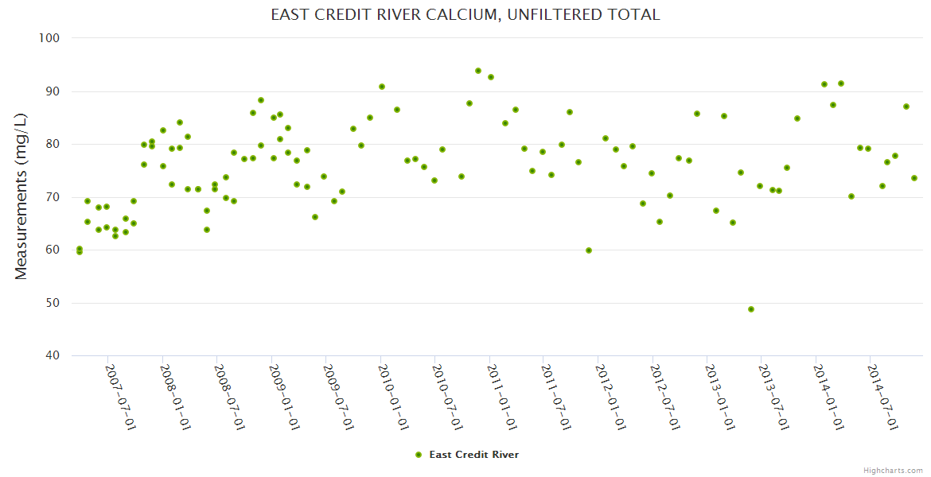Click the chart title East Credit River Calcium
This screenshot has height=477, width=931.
pyautogui.click(x=465, y=15)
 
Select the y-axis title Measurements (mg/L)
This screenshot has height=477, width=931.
pyautogui.click(x=21, y=196)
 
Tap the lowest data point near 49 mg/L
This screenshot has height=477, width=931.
pyautogui.click(x=751, y=309)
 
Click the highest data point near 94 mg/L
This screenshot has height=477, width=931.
pyautogui.click(x=478, y=71)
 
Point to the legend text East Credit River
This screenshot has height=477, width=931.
pyautogui.click(x=473, y=455)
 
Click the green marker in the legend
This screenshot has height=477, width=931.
pyautogui.click(x=419, y=455)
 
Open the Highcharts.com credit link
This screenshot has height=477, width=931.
pyautogui.click(x=893, y=470)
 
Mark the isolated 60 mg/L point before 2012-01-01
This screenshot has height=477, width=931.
pyautogui.click(x=589, y=250)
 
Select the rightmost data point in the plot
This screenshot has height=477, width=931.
pyautogui.click(x=914, y=178)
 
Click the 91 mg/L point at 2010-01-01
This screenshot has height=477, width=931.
pyautogui.click(x=382, y=87)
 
